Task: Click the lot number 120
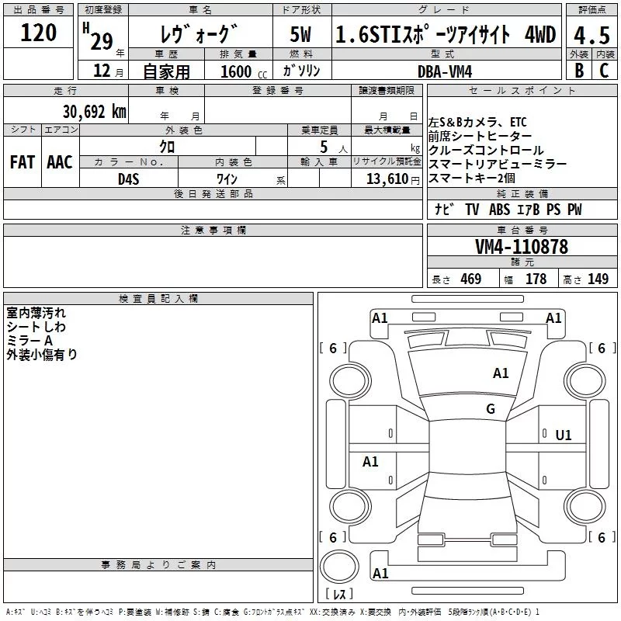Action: tap(39, 33)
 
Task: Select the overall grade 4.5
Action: tap(591, 35)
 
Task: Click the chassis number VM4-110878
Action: tap(522, 247)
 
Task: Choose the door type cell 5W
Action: tap(301, 35)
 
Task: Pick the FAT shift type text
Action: tap(22, 162)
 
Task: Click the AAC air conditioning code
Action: tap(60, 162)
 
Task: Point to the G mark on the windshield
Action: tap(490, 409)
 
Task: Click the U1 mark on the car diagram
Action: tap(564, 435)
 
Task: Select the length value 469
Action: tap(470, 279)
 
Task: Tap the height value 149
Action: tap(598, 279)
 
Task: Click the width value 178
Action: tap(536, 279)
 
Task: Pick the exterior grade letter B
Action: tap(579, 71)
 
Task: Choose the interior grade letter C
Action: tap(605, 71)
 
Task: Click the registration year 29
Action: tap(101, 40)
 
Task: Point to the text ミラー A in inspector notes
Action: tap(29, 341)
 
